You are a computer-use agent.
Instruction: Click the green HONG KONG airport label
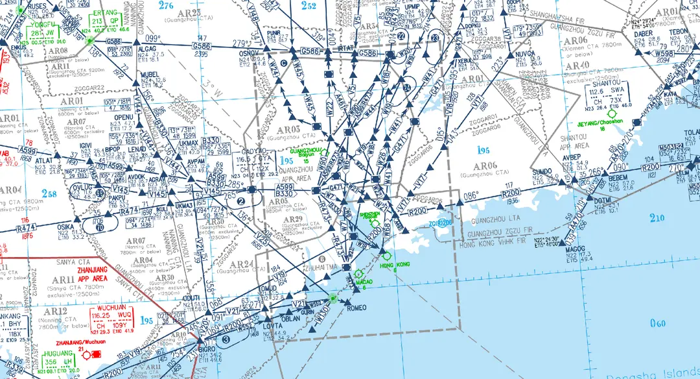(395, 265)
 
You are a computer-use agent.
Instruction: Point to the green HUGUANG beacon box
(59, 361)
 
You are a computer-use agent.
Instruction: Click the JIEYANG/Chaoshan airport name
(602, 123)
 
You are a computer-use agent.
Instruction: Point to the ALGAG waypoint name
(148, 48)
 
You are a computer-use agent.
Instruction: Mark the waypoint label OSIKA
(65, 226)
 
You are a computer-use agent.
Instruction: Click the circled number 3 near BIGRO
(226, 339)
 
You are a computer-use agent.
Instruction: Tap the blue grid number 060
(657, 324)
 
